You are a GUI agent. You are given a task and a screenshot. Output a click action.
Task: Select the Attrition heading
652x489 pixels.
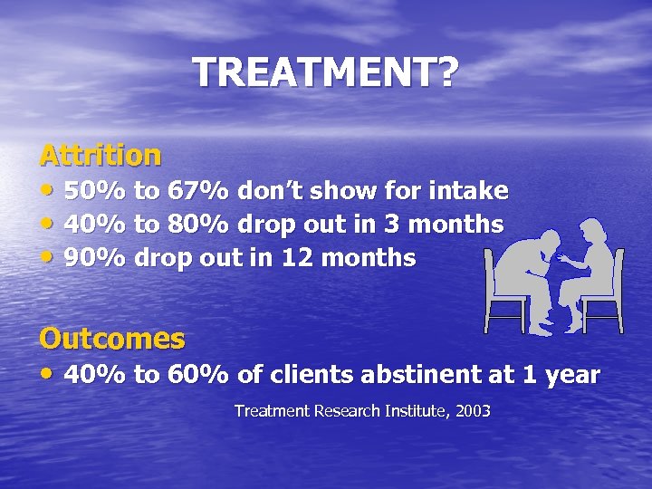pyautogui.click(x=101, y=155)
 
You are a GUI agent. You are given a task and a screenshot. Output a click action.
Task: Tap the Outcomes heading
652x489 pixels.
pyautogui.click(x=112, y=339)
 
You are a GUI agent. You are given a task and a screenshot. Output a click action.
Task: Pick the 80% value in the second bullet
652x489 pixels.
pyautogui.click(x=198, y=225)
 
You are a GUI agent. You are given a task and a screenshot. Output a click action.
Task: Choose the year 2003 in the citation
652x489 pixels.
pyautogui.click(x=473, y=411)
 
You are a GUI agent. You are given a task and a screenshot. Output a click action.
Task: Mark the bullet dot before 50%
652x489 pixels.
pyautogui.click(x=47, y=191)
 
